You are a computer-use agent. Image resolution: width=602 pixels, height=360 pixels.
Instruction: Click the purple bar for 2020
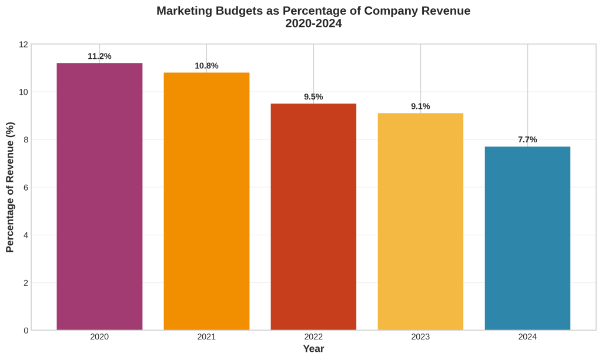[99, 196]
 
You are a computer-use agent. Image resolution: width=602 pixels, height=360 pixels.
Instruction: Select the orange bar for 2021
[206, 201]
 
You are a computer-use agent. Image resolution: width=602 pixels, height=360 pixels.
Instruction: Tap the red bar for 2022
[313, 216]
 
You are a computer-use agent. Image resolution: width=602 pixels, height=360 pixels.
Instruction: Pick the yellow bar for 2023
[420, 221]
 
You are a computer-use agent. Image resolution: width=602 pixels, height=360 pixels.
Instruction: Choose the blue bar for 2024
[527, 238]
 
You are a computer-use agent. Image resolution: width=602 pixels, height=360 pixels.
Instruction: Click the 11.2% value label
[99, 56]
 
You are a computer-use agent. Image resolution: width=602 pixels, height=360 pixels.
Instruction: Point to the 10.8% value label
[206, 66]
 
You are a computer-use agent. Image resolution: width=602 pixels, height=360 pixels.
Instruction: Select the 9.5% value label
[313, 97]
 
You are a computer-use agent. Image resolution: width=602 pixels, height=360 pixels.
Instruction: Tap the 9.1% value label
[420, 106]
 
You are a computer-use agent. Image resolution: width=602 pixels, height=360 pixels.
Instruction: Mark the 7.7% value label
[527, 140]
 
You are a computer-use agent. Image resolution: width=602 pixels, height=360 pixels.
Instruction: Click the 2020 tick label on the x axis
[99, 337]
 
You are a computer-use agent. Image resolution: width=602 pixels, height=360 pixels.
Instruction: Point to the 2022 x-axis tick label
[313, 337]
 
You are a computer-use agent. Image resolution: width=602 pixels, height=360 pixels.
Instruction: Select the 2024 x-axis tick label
[527, 337]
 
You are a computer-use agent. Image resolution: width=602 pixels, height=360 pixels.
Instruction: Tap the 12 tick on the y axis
[24, 45]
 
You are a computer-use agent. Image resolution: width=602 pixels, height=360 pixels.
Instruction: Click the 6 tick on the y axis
[25, 188]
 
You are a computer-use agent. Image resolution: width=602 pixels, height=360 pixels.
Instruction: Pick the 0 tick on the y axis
[25, 331]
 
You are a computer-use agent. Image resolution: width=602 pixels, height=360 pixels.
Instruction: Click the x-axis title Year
[313, 349]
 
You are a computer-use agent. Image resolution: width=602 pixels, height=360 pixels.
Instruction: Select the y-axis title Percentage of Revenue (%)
[10, 187]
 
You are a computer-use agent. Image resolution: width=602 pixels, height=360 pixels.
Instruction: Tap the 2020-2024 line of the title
[313, 24]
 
